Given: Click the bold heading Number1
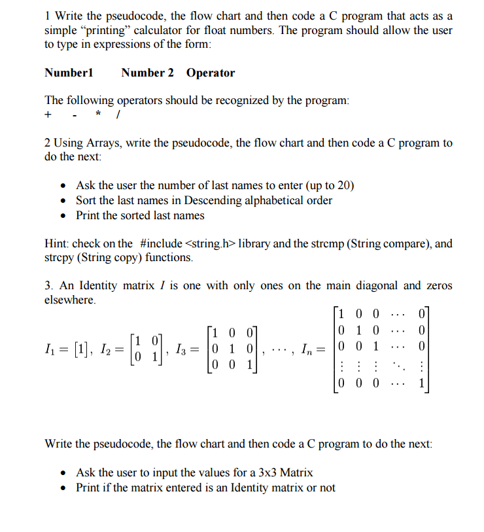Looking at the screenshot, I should tap(69, 73).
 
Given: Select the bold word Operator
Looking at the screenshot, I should tap(210, 73).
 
